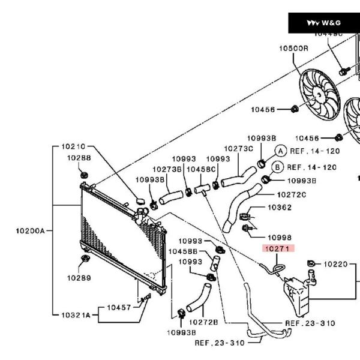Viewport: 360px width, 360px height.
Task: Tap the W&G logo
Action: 324,23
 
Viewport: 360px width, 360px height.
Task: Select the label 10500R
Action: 293,48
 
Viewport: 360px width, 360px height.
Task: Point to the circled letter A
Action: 280,151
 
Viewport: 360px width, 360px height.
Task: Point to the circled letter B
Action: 278,167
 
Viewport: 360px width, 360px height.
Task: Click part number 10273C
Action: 239,148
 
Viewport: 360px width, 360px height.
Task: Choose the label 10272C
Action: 292,194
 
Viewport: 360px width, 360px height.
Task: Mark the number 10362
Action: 279,208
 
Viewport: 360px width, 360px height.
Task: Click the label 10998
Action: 279,238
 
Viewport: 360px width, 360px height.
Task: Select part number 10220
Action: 335,264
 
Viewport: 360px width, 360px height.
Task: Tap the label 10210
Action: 75,146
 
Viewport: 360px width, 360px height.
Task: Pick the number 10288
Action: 79,158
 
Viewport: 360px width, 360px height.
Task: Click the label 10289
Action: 79,278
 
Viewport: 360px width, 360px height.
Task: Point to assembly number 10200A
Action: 31,230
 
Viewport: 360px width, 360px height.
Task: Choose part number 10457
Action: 119,307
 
